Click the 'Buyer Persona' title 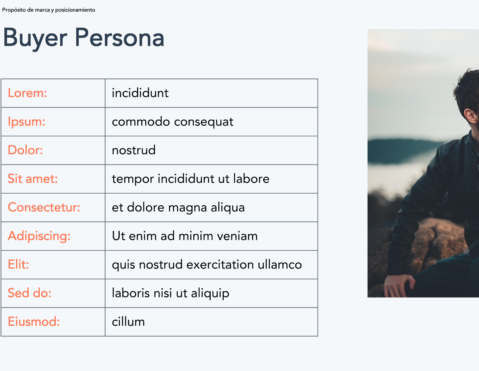coord(84,38)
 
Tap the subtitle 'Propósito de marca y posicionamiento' coord(48,10)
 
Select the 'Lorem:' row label coord(27,93)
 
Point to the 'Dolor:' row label coord(25,150)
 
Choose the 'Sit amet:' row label coord(33,178)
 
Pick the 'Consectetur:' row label coord(44,207)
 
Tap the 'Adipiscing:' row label coord(39,236)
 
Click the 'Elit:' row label coord(18,264)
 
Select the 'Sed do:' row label coord(30,293)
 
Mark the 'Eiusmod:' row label coord(34,322)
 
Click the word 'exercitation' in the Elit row coord(220,265)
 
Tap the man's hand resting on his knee coord(399,285)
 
